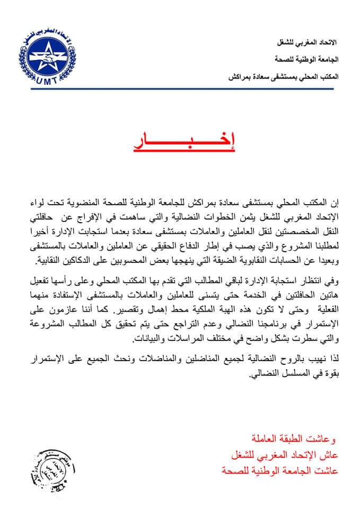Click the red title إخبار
coord(187,143)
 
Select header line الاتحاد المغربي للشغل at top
coord(310,42)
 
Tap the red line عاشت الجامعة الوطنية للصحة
coord(286,470)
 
